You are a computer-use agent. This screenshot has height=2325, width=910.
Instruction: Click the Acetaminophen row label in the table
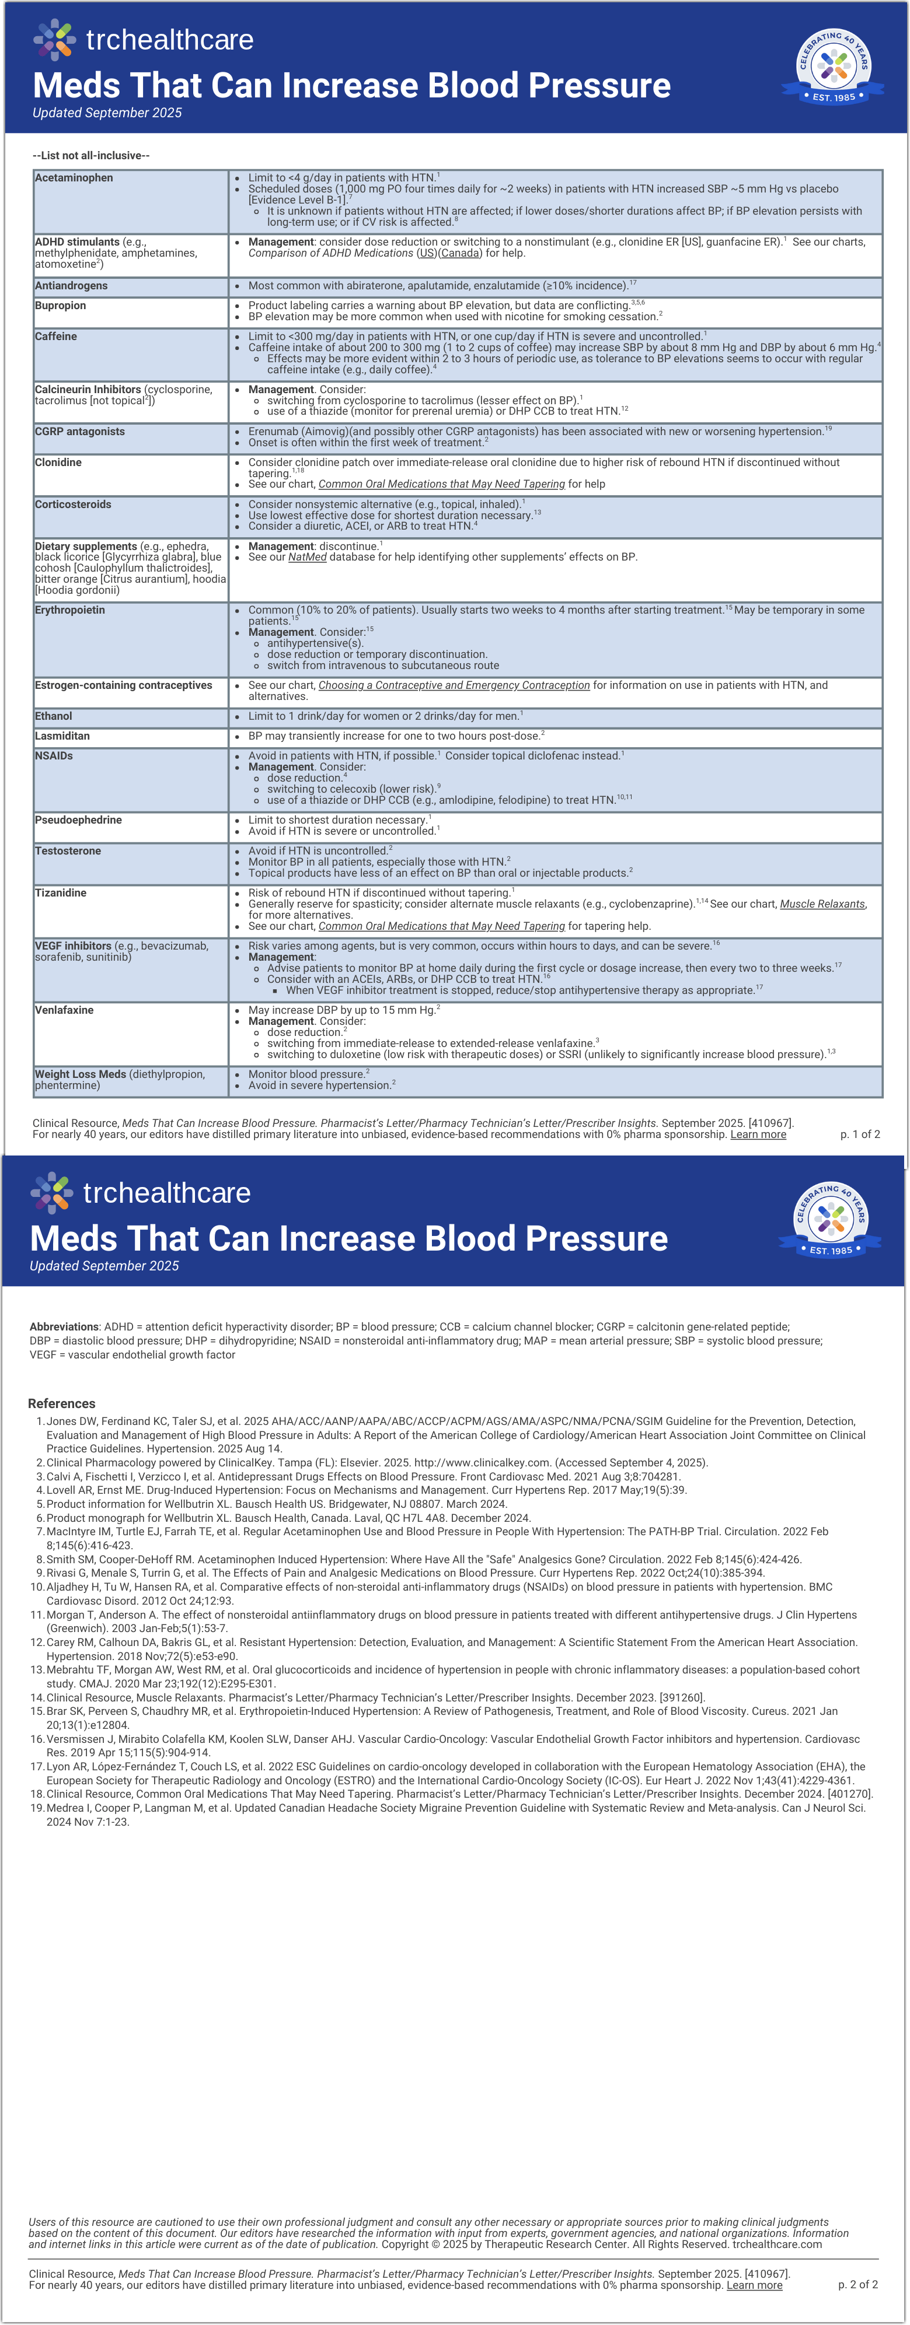point(74,178)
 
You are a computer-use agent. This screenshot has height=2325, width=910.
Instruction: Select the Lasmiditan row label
point(62,736)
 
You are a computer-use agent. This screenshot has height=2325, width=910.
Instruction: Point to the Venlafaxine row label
point(64,1010)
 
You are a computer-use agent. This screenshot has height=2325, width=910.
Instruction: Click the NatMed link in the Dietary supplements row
point(307,557)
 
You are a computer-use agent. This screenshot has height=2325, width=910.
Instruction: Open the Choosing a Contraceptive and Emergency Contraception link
point(454,685)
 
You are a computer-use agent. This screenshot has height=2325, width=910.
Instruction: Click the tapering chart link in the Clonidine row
point(441,484)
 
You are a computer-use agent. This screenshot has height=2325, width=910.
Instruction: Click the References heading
point(61,1403)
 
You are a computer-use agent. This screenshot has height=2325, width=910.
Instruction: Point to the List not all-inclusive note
point(91,155)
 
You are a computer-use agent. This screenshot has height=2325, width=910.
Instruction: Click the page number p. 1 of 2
point(859,1135)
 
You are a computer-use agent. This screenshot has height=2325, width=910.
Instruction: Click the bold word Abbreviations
point(64,1327)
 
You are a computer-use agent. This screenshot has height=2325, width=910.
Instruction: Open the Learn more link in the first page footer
point(758,1135)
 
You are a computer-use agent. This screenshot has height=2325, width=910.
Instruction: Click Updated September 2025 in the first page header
point(107,113)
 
